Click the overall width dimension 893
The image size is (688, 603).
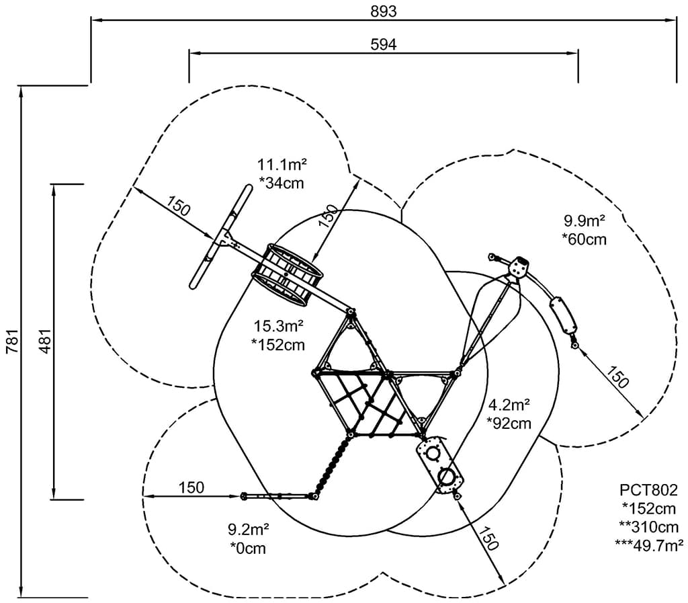click(x=383, y=11)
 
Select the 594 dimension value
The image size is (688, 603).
click(x=384, y=44)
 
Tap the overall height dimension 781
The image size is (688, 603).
click(x=11, y=341)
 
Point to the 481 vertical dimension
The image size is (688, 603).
click(x=43, y=341)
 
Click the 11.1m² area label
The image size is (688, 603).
click(x=282, y=164)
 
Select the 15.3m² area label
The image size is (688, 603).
click(x=279, y=327)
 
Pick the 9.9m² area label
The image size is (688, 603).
click(x=585, y=220)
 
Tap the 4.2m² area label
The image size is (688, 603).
click(x=509, y=405)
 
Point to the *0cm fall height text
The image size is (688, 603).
click(x=248, y=549)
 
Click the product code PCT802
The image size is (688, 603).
click(x=649, y=489)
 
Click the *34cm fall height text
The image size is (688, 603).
click(x=282, y=182)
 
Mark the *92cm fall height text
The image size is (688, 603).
click(x=509, y=424)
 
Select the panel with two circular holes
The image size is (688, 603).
click(x=440, y=465)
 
